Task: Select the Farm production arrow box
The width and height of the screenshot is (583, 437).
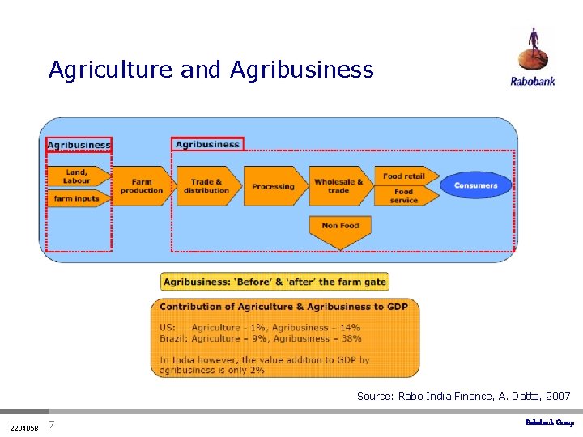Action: coord(141,186)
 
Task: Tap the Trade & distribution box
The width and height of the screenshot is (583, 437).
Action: coord(206,186)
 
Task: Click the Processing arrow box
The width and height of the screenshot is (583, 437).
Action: coord(273,186)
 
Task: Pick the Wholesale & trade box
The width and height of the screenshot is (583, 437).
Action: coord(338,186)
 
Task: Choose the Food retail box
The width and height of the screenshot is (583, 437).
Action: coord(404,176)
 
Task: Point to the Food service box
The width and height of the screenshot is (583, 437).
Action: coord(404,196)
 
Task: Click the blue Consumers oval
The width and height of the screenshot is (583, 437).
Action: coord(475,185)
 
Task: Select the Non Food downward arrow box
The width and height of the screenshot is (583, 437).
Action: coord(340,230)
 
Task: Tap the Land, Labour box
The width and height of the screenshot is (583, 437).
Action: coord(78,176)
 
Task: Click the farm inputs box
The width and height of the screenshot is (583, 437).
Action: coord(78,198)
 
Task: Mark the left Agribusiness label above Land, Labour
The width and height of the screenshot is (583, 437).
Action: coord(79,145)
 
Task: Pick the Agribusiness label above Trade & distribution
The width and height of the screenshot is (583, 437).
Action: coord(207,144)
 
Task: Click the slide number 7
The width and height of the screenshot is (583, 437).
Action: coord(51,425)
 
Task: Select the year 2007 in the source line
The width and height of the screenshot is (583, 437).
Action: coord(558,397)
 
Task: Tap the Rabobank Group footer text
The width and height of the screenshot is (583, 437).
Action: coord(550,422)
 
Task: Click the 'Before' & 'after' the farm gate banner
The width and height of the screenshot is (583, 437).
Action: coord(274,282)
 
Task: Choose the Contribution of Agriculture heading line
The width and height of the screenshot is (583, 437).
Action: coord(283,307)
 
